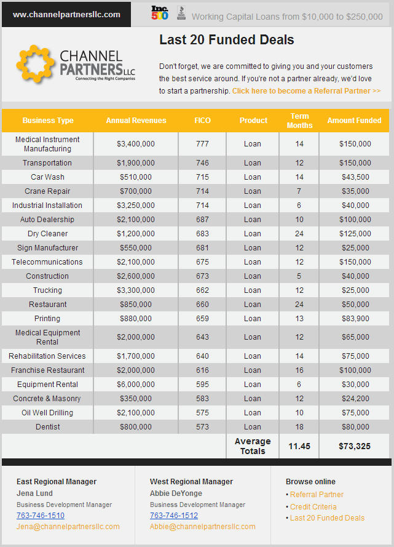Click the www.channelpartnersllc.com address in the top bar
(x=66, y=14)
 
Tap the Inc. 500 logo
(x=160, y=13)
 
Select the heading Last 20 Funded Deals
(x=226, y=41)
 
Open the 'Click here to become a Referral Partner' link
(x=306, y=91)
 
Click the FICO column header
(x=202, y=121)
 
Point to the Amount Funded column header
(x=354, y=121)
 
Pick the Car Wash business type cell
(x=47, y=177)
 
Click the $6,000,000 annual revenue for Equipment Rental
(x=136, y=385)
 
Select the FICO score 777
(x=202, y=144)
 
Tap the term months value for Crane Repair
(x=299, y=191)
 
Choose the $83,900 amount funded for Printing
(x=355, y=319)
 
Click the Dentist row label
(x=47, y=427)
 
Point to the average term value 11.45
(x=299, y=446)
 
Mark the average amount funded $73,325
(x=355, y=446)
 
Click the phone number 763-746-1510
(x=40, y=516)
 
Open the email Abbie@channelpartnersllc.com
(x=202, y=527)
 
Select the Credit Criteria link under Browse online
(x=313, y=507)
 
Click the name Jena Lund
(x=34, y=493)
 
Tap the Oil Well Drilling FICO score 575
(x=202, y=413)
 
